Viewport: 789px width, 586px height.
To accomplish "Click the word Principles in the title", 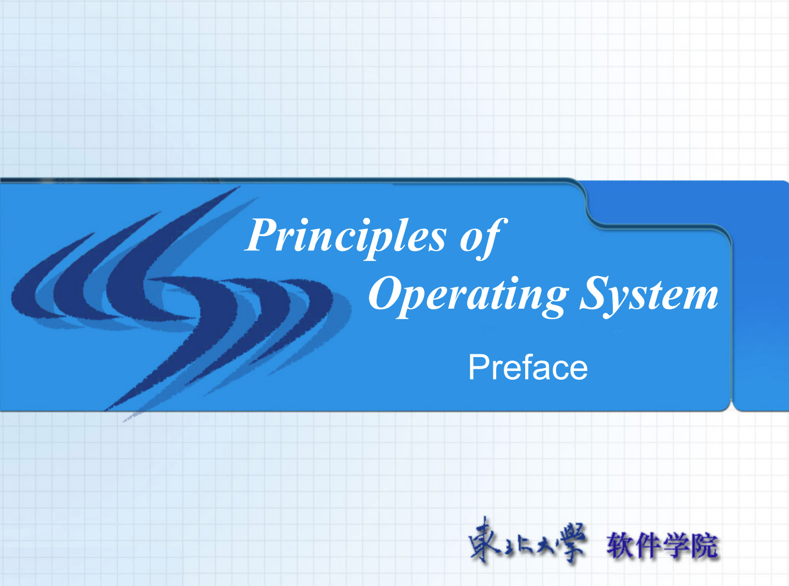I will [345, 237].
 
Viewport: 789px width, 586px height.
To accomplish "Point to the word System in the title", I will [649, 294].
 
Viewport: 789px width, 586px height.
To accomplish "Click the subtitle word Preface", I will [528, 368].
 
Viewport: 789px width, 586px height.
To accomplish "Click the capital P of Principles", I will [262, 235].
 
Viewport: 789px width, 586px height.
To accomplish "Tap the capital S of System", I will [594, 293].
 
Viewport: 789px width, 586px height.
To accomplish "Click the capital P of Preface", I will [477, 367].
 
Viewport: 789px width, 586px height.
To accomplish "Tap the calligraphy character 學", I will [571, 541].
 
